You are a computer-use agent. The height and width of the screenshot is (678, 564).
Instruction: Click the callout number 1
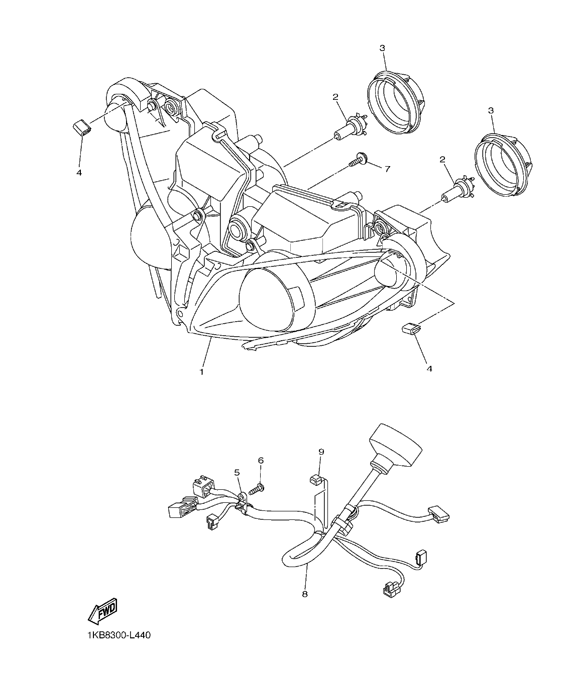point(201,372)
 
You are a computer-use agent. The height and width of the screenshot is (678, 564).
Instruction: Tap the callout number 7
point(387,169)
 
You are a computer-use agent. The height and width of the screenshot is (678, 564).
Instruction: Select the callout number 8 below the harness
point(305,594)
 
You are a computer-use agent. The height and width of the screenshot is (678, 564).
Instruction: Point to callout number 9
point(321,452)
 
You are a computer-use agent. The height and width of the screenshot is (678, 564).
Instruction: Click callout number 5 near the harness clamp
point(237,472)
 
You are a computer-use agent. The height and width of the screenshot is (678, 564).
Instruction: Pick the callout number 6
point(261,460)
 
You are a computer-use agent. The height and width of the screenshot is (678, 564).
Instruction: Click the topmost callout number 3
point(382,48)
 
